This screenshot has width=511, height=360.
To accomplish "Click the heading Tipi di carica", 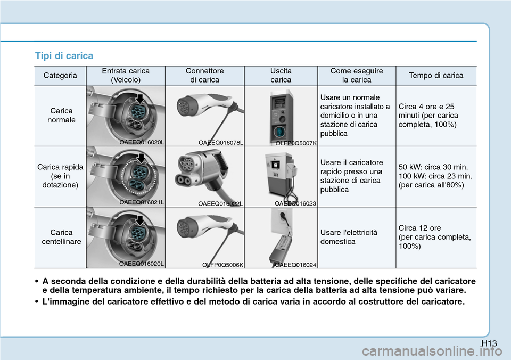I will [x=64, y=56].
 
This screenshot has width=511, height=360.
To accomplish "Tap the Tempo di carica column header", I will [x=436, y=76].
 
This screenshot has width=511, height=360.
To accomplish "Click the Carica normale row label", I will [x=61, y=116].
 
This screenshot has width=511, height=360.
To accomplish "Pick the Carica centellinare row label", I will [x=61, y=237].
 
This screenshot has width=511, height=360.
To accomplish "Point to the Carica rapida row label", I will [x=60, y=176].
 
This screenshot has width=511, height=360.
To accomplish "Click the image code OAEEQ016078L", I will [x=221, y=143].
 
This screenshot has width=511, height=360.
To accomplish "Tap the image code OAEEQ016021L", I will [x=142, y=202].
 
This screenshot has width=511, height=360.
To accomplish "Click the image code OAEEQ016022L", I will [x=220, y=203].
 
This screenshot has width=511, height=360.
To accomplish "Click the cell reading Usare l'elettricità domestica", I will [x=350, y=237].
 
